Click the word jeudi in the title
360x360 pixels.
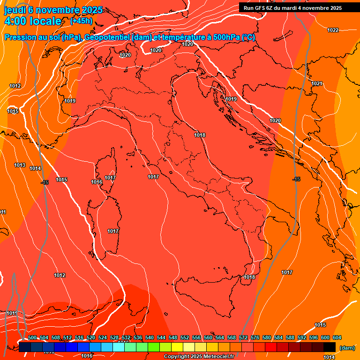point(15,10)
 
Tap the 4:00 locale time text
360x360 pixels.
point(33,21)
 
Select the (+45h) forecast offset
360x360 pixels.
point(81,21)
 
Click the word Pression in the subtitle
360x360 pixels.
point(19,37)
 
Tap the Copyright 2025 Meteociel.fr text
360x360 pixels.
point(199,357)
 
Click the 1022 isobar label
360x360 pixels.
point(333,30)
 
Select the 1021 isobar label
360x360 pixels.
point(317,84)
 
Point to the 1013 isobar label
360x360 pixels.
point(20,165)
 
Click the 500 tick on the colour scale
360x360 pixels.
point(33,337)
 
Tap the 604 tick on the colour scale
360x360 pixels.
point(337,337)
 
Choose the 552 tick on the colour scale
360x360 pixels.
point(185,337)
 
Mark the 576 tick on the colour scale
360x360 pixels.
point(255,337)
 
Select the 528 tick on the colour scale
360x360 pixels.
point(114,337)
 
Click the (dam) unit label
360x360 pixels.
point(347,348)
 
